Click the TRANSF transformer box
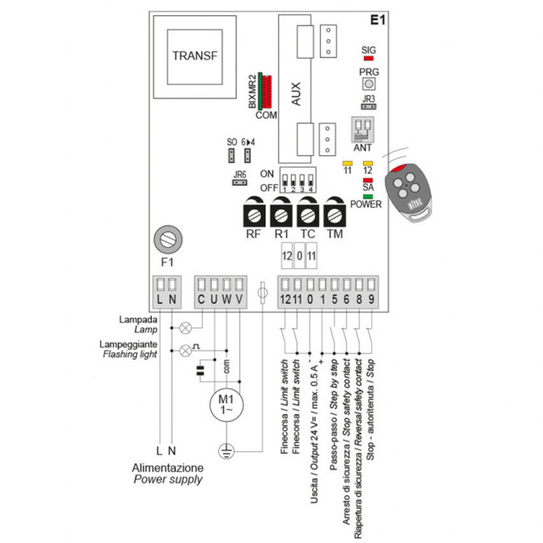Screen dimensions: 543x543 194,57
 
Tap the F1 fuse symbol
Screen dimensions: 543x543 166,240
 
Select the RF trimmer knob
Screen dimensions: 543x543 253,211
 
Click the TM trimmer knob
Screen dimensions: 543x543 335,211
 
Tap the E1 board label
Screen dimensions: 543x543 378,20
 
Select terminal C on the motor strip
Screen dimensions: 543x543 202,286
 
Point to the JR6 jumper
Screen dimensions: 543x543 239,180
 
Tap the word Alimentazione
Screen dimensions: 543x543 167,467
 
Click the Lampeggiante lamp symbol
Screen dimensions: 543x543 186,350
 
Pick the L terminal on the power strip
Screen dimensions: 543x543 159,286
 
